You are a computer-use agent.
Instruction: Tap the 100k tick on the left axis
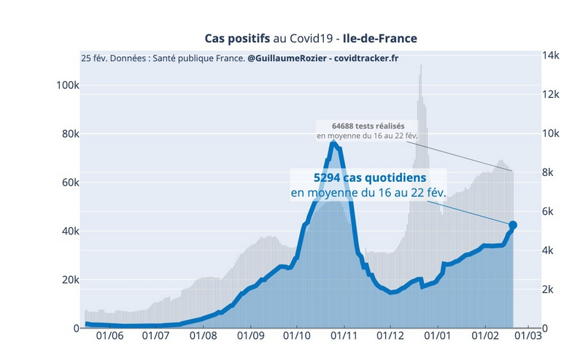67,85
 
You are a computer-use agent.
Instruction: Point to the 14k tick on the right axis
550,55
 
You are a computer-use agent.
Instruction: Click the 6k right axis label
548,212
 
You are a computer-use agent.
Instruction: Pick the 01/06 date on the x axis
109,337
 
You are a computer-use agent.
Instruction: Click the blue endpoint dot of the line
513,225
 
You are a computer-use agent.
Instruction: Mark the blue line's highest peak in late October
333,143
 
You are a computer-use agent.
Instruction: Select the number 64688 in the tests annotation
347,126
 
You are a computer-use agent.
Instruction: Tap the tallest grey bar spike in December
420,67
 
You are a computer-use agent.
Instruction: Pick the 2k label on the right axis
548,289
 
